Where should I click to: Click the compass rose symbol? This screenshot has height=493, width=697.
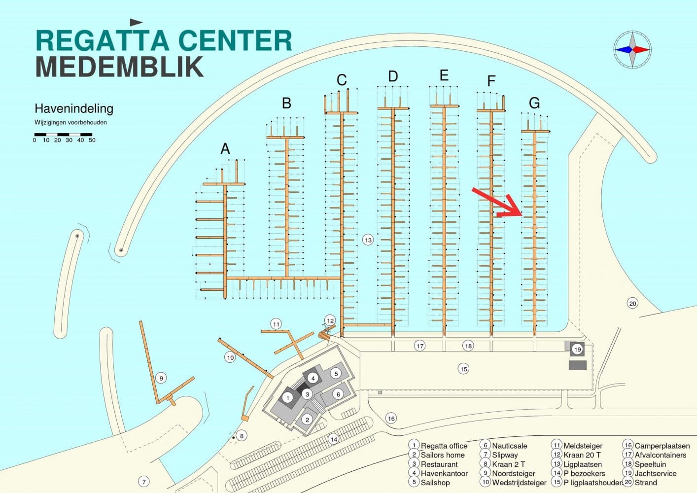[x=632, y=50]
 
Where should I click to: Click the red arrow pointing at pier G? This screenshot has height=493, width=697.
[x=498, y=202]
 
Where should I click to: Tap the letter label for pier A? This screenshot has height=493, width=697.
[x=225, y=148]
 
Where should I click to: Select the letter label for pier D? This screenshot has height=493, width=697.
[x=393, y=76]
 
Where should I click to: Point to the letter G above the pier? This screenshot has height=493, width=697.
[x=534, y=103]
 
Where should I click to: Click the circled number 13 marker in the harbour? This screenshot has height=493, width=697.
[x=368, y=240]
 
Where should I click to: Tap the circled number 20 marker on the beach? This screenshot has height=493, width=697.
[x=632, y=303]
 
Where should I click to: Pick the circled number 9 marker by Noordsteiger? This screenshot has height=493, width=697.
[x=161, y=378]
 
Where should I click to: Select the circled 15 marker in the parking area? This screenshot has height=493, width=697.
[x=463, y=368]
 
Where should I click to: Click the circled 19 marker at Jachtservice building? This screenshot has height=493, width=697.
[x=577, y=349]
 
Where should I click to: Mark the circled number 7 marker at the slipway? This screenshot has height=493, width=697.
[x=143, y=482]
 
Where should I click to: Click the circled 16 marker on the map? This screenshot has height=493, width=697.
[x=391, y=419]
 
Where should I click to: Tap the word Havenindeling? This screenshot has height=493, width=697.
[x=74, y=108]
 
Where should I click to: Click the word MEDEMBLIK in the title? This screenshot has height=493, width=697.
[x=119, y=67]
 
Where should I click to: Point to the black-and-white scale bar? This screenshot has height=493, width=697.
[x=63, y=134]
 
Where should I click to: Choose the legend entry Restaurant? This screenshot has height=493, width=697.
[x=439, y=464]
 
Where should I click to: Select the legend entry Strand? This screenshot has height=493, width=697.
[x=645, y=483]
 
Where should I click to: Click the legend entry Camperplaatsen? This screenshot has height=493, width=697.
[x=662, y=446]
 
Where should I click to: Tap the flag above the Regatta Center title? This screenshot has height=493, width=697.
[x=136, y=22]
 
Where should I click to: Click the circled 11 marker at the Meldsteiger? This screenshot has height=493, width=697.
[x=276, y=324]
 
